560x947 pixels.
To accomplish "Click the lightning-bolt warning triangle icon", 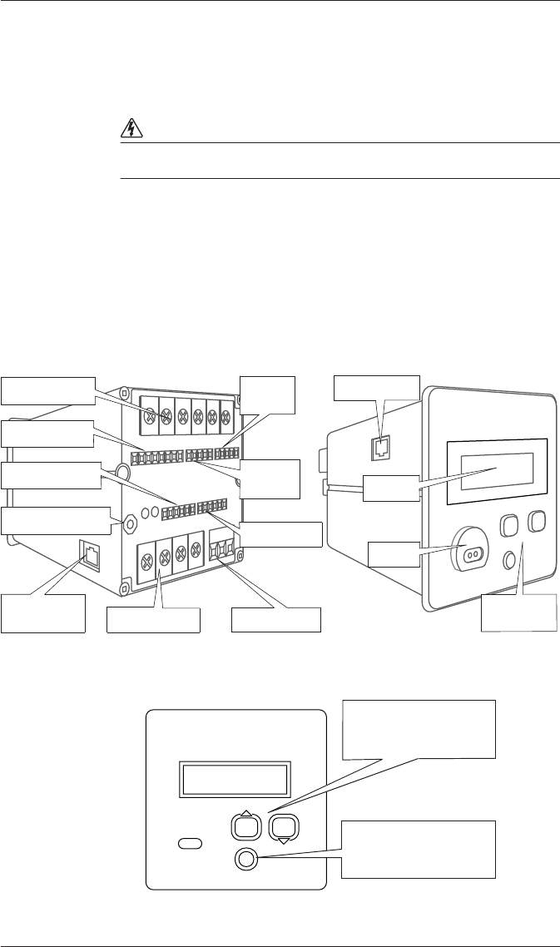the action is pos(130,128).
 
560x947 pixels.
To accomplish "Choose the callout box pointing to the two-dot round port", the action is pos(394,554).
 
